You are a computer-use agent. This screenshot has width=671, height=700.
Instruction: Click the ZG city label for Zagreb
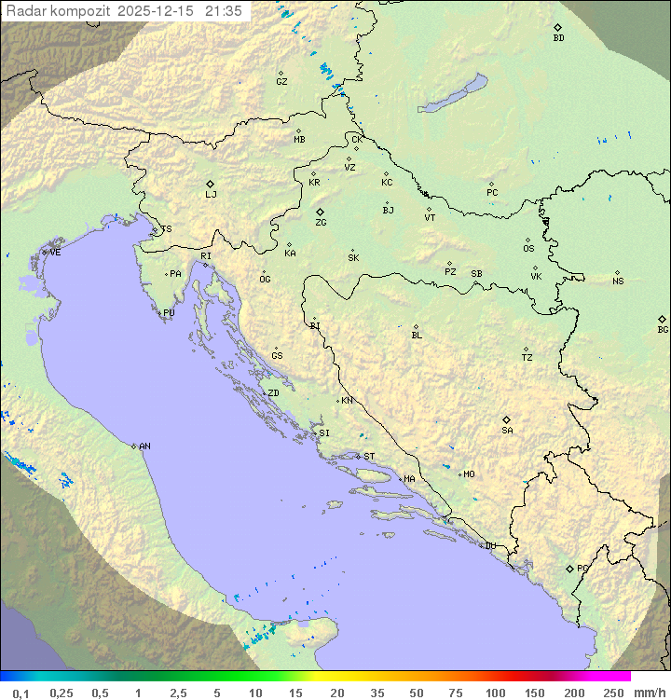click(x=321, y=223)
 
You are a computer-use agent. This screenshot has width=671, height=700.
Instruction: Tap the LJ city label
click(x=211, y=195)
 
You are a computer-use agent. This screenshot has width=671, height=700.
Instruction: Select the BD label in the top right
click(x=558, y=38)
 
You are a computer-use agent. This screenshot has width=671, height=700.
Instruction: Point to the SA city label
click(x=507, y=431)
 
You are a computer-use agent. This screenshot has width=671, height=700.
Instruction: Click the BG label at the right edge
click(x=663, y=329)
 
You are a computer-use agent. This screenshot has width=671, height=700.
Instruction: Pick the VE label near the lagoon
click(x=55, y=253)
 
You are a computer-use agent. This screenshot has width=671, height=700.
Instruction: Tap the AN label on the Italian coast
click(x=144, y=446)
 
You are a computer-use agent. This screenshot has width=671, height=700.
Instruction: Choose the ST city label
click(x=369, y=457)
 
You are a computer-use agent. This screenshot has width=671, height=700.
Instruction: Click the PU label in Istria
click(x=169, y=313)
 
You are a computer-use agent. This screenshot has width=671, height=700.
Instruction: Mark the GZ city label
click(x=281, y=82)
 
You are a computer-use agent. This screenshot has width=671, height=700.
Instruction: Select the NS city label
click(x=618, y=281)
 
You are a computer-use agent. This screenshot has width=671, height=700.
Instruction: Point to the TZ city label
click(x=527, y=358)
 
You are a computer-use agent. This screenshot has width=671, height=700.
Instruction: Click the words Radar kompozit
click(x=59, y=11)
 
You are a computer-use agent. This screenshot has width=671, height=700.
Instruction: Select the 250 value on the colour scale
click(x=613, y=693)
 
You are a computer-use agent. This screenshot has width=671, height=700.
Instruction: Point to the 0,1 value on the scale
click(x=21, y=693)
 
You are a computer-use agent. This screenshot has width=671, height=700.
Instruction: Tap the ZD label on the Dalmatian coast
click(x=273, y=393)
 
